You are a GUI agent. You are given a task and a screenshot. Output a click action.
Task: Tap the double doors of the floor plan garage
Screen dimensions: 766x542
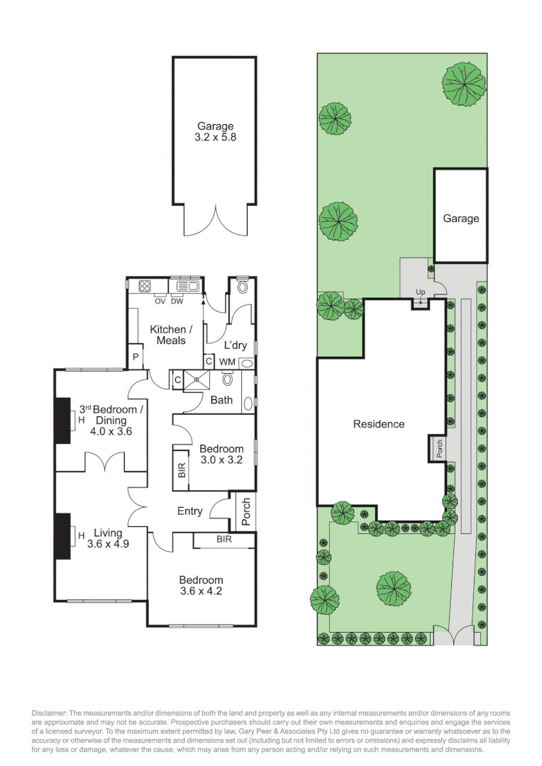pyautogui.click(x=214, y=220)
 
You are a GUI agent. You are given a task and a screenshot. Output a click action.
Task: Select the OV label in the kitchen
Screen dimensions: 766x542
pyautogui.click(x=160, y=299)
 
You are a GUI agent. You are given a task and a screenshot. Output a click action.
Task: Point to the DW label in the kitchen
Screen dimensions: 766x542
pyautogui.click(x=177, y=299)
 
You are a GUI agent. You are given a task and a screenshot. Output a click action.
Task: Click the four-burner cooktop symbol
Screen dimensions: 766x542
pyautogui.click(x=145, y=286)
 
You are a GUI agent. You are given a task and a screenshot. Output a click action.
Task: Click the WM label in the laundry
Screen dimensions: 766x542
pyautogui.click(x=227, y=362)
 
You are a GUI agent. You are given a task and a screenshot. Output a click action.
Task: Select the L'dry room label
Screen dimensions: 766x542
pyautogui.click(x=235, y=345)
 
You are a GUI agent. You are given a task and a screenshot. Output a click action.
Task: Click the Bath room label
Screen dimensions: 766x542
pyautogui.click(x=221, y=400)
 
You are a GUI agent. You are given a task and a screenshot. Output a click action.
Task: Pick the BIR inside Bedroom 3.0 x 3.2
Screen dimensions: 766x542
pyautogui.click(x=182, y=469)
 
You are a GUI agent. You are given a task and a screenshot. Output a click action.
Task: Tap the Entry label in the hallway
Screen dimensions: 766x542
pyautogui.click(x=189, y=511)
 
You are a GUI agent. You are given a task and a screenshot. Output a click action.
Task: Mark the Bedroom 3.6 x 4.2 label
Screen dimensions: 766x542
pyautogui.click(x=201, y=585)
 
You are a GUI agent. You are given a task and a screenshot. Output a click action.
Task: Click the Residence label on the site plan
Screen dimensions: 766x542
pyautogui.click(x=379, y=424)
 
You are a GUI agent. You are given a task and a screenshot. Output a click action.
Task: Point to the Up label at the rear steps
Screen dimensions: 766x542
pyautogui.click(x=420, y=292)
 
